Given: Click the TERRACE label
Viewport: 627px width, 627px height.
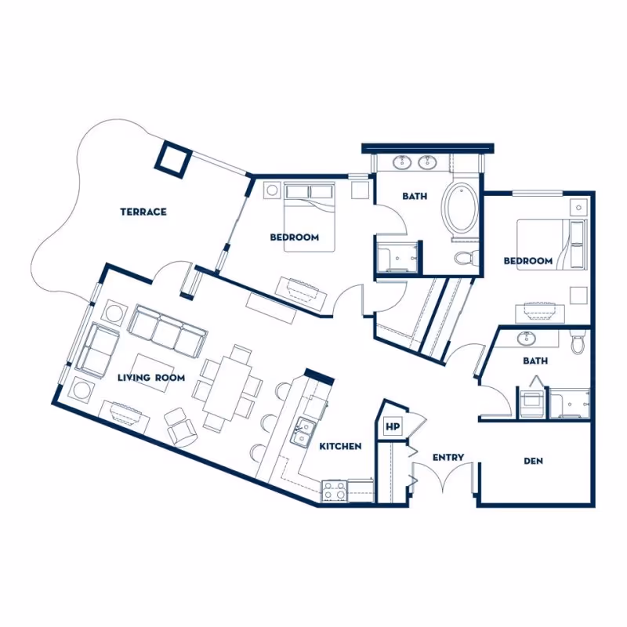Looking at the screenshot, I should (143, 212).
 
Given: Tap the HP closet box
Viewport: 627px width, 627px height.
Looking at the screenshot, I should (392, 428).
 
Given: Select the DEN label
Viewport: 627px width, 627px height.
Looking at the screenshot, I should (534, 461).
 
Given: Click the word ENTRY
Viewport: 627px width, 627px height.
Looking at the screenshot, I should (448, 457).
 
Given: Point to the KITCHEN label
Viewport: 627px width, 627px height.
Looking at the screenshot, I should (341, 446).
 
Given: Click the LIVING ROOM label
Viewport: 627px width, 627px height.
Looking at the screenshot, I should (151, 378).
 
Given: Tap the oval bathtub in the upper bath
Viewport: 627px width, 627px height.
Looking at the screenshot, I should (460, 210).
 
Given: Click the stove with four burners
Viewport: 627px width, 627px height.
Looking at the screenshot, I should (334, 491).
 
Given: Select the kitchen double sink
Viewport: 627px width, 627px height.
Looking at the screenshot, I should (302, 432).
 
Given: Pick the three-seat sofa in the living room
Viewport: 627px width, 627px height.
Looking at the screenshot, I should (167, 330).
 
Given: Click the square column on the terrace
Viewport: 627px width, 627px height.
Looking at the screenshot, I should (172, 158).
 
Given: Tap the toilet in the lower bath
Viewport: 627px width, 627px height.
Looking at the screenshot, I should (578, 343).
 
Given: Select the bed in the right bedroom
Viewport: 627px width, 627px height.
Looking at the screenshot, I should (551, 245).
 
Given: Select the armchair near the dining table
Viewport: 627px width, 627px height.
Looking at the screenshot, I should (183, 426).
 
